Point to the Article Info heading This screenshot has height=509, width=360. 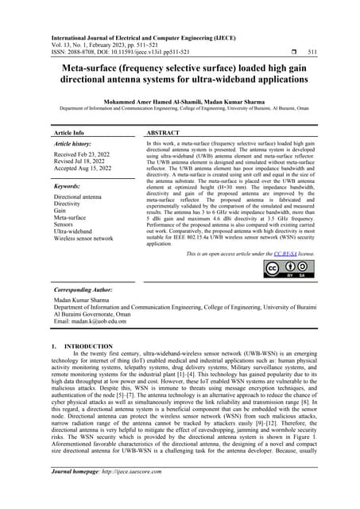(x=71, y=134)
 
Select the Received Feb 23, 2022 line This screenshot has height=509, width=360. (x=81, y=156)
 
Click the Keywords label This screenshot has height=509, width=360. (x=69, y=186)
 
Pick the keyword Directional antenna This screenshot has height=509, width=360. (x=77, y=196)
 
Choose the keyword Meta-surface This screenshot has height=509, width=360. (x=70, y=216)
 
